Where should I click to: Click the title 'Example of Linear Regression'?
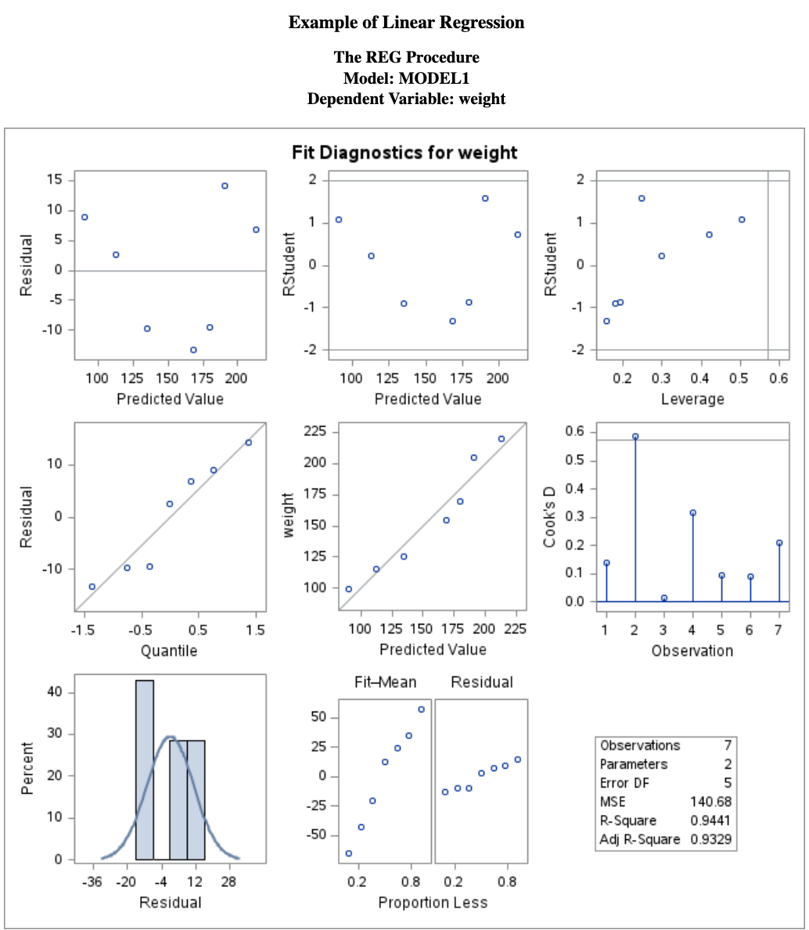pos(406,22)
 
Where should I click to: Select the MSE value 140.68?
pos(710,802)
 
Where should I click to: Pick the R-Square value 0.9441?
pos(710,820)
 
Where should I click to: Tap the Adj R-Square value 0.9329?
pos(710,839)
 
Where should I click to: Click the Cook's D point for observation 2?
pos(635,437)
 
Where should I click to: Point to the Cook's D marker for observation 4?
pos(692,513)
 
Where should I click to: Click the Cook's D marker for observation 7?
pos(779,542)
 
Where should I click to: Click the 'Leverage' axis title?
pos(692,399)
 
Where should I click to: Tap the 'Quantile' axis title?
pos(169,651)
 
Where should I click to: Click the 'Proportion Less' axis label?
pos(433,903)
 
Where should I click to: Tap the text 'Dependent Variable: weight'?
pos(406,99)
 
